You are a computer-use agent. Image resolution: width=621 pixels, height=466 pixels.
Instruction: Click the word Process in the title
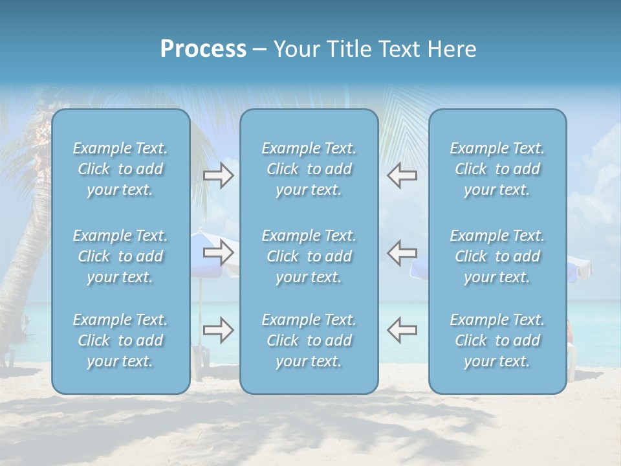pos(203,49)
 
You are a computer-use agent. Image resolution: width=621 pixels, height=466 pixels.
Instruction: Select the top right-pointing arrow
pos(219,175)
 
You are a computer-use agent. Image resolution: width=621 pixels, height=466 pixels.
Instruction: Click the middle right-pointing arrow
pos(219,252)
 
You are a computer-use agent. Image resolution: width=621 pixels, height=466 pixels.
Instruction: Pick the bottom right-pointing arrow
pos(219,330)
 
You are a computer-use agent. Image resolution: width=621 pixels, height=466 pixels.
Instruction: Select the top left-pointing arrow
pos(402,175)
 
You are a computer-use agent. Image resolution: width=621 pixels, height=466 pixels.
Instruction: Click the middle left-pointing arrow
pos(402,252)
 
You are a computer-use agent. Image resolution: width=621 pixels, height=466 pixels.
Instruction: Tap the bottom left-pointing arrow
pos(402,330)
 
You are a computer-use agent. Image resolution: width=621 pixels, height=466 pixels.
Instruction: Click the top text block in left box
pos(120,169)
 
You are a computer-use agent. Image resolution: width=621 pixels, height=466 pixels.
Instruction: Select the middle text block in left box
pos(120,256)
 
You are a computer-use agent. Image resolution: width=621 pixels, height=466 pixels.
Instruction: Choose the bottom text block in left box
pos(120,340)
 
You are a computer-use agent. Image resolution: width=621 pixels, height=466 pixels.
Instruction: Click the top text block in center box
pos(309,169)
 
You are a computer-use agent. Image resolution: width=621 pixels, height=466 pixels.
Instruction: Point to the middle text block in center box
pos(309,256)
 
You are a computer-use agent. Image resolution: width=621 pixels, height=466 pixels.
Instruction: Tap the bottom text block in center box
pos(309,340)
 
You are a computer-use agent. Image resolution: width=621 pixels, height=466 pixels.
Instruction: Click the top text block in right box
pos(497,169)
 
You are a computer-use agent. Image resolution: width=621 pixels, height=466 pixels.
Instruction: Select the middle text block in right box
pos(497,256)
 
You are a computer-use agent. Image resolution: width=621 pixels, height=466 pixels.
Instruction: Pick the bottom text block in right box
pos(497,340)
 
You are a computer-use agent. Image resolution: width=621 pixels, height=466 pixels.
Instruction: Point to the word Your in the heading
pos(294,49)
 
